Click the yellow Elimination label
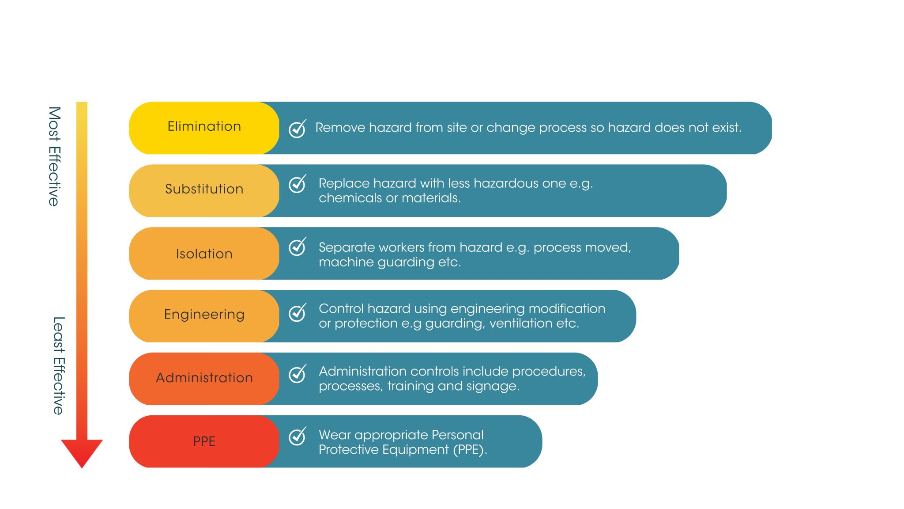pos(204,127)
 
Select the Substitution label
pos(204,189)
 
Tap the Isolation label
pos(204,254)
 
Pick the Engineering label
pos(204,315)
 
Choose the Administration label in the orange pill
pos(204,378)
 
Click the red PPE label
pos(204,441)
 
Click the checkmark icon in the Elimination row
pos(297,129)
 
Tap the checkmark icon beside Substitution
pos(297,184)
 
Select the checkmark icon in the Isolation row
pos(297,247)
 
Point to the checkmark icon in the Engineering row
pos(297,312)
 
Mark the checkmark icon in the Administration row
pos(297,374)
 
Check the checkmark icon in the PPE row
pos(297,437)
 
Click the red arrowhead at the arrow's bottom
pos(82,452)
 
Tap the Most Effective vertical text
pos(54,156)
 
